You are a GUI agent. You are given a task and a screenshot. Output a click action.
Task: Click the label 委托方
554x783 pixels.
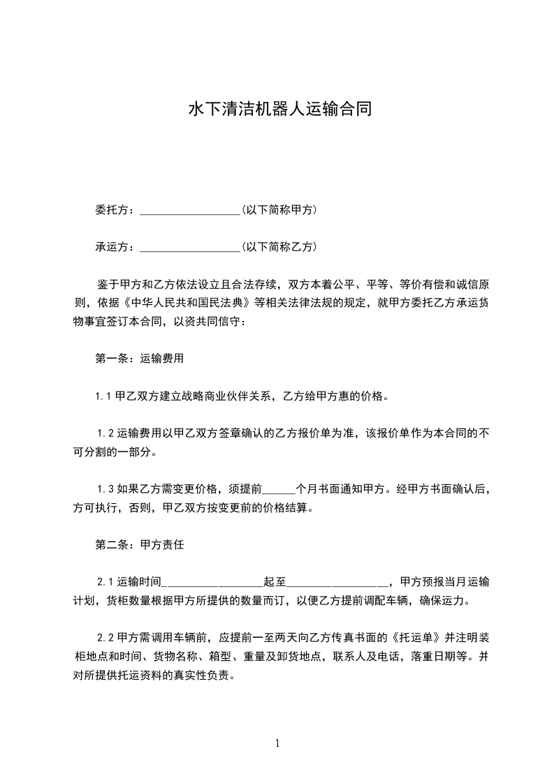coord(114,209)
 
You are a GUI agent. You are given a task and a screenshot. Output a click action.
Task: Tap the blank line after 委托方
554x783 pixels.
coord(190,211)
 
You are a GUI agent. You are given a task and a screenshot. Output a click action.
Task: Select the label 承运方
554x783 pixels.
coord(114,246)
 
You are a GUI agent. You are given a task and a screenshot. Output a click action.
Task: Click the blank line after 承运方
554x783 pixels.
coord(190,248)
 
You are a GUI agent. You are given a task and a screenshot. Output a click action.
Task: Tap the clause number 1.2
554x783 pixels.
coord(104,434)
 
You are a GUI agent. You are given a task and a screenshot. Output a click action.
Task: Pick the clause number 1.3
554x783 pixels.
coord(104,489)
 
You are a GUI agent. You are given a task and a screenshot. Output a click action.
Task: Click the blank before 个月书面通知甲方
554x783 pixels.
coord(282,491)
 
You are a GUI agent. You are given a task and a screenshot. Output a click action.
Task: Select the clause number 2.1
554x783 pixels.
coord(104,582)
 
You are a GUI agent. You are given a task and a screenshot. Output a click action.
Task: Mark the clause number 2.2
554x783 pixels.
coord(104,638)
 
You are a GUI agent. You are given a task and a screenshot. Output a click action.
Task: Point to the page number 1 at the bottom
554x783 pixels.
coord(277,744)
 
